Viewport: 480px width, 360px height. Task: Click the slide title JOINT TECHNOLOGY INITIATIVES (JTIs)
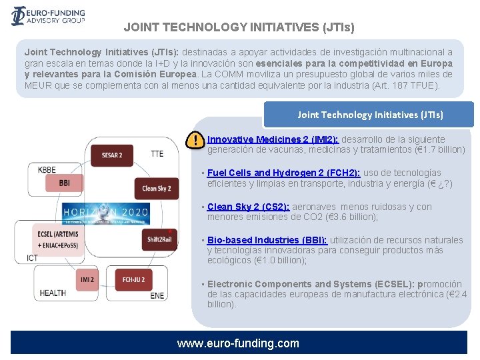pyautogui.click(x=239, y=27)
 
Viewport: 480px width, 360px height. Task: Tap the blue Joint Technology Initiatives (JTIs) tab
pyautogui.click(x=369, y=115)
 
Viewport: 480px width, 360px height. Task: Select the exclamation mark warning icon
pyautogui.click(x=195, y=141)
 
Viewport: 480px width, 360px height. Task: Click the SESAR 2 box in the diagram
pyautogui.click(x=112, y=155)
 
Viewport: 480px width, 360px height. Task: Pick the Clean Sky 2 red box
pyautogui.click(x=156, y=189)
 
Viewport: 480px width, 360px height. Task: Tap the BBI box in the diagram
pyautogui.click(x=65, y=182)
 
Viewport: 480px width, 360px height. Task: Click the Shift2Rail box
pyautogui.click(x=160, y=239)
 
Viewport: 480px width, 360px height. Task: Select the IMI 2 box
pyautogui.click(x=87, y=280)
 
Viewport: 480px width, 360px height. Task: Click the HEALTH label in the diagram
pyautogui.click(x=53, y=293)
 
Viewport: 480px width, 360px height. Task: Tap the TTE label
pyautogui.click(x=157, y=154)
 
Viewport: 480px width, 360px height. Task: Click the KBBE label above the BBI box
pyautogui.click(x=47, y=170)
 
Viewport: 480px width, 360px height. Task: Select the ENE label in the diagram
pyautogui.click(x=157, y=295)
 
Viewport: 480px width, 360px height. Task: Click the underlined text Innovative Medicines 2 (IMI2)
pyautogui.click(x=273, y=139)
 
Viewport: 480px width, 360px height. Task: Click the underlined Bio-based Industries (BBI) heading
pyautogui.click(x=267, y=240)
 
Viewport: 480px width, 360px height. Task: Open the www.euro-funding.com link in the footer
pyautogui.click(x=238, y=343)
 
